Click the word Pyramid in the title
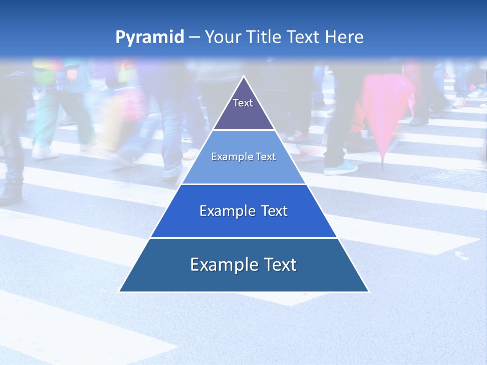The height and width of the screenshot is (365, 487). (x=150, y=38)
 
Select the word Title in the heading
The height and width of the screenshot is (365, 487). (x=263, y=37)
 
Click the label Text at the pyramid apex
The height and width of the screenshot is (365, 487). (x=243, y=103)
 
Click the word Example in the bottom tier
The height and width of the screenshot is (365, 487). (x=222, y=265)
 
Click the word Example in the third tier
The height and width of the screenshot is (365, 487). (x=226, y=211)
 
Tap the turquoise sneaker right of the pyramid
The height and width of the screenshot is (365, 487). (x=340, y=168)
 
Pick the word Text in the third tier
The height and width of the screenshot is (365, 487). (x=273, y=211)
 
